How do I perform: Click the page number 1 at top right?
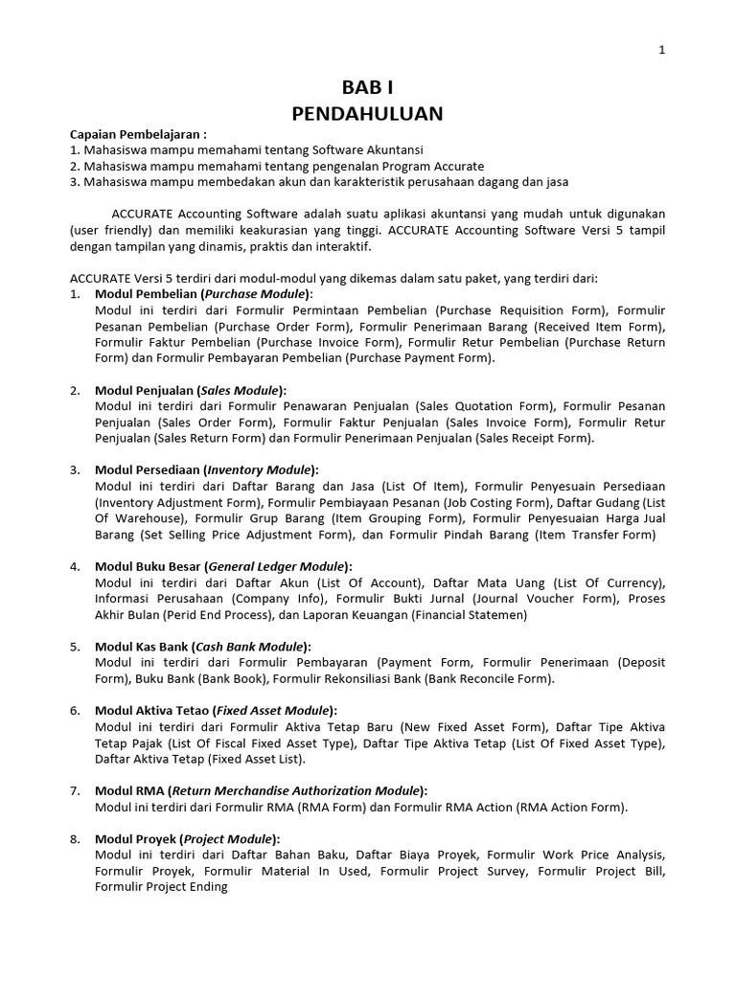click(x=661, y=51)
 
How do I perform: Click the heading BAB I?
click(x=367, y=87)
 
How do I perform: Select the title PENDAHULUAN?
click(x=367, y=114)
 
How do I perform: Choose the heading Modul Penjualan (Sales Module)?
click(x=191, y=390)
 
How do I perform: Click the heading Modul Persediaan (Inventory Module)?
click(x=206, y=469)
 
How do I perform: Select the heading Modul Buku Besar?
click(x=223, y=566)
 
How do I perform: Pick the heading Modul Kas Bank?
click(x=202, y=647)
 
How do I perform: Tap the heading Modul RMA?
click(x=261, y=790)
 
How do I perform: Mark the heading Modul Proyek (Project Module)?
click(x=187, y=838)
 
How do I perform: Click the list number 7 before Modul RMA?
click(x=75, y=790)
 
